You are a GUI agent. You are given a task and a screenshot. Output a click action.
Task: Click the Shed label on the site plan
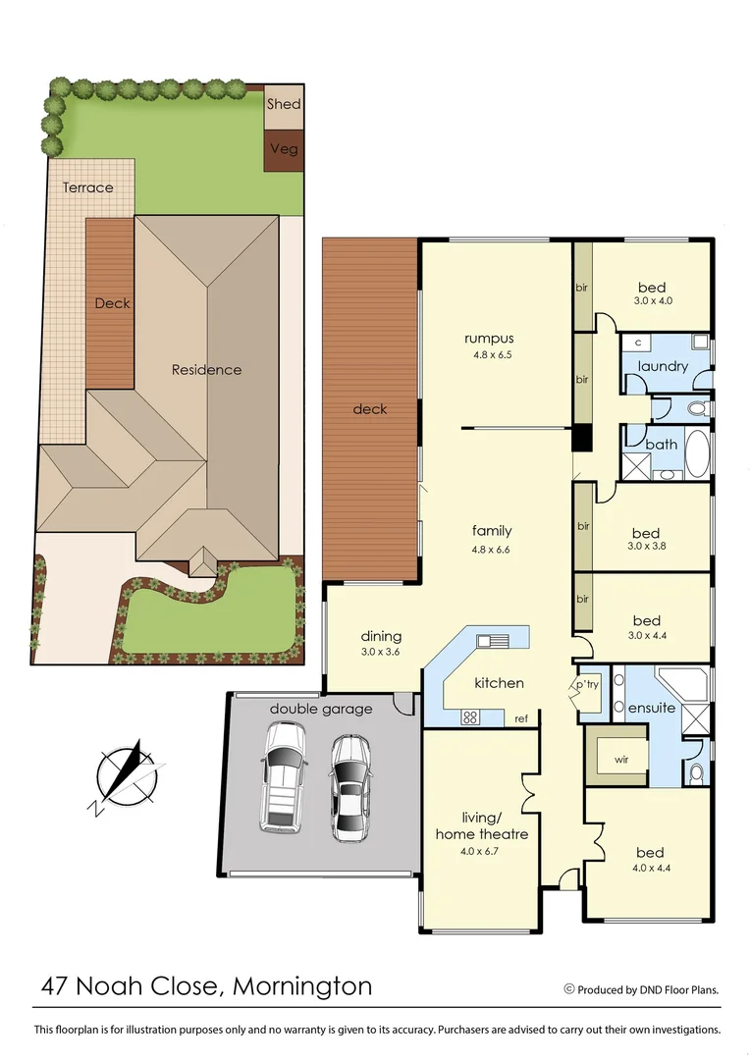284,104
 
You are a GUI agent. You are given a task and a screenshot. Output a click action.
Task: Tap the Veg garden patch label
284,150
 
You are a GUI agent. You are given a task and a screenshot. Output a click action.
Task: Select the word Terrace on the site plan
88,187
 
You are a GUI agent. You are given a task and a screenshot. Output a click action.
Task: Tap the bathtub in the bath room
697,453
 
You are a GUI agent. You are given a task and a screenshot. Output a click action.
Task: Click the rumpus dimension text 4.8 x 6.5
490,356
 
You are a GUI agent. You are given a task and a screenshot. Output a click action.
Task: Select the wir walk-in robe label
620,760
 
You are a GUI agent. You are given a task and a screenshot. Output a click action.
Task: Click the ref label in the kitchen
521,719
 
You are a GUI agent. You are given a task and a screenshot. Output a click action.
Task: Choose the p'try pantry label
586,685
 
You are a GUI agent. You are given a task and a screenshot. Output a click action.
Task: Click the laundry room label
663,367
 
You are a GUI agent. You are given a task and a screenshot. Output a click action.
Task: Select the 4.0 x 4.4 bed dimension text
650,869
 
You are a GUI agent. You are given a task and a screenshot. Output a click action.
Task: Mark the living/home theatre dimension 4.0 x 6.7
482,851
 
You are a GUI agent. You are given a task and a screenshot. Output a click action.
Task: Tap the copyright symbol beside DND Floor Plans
568,989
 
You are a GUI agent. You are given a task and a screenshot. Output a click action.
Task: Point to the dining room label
381,636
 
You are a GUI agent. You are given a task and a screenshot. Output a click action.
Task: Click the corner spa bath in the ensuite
685,683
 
